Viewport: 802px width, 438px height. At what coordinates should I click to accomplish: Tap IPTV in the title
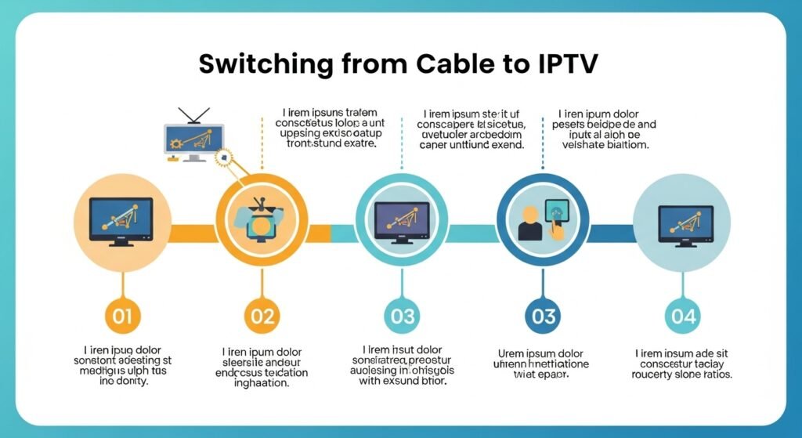pos(557,64)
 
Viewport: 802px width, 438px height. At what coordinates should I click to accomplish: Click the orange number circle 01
pos(121,317)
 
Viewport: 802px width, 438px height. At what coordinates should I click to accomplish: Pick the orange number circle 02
pos(262,317)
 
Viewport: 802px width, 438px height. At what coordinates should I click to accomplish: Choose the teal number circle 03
pos(402,317)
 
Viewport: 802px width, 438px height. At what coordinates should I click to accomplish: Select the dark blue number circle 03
pos(543,317)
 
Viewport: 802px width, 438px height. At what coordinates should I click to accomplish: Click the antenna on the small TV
pos(193,118)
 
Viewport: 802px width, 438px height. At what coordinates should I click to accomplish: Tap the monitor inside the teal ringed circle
pos(402,221)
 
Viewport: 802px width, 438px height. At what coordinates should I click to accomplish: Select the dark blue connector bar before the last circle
pos(610,233)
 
